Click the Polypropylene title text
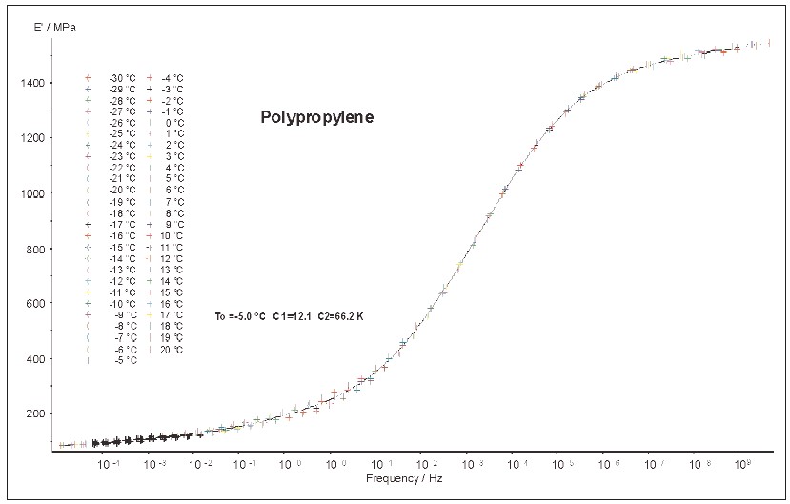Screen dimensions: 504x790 317,118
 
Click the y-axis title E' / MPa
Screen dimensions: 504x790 58,27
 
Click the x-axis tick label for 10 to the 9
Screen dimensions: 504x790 742,463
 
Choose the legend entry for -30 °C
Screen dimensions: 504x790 122,78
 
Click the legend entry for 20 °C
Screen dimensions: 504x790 172,349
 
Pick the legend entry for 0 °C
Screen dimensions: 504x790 174,123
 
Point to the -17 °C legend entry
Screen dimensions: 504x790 122,225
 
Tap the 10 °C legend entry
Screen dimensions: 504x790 172,235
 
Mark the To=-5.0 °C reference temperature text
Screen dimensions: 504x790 242,314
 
